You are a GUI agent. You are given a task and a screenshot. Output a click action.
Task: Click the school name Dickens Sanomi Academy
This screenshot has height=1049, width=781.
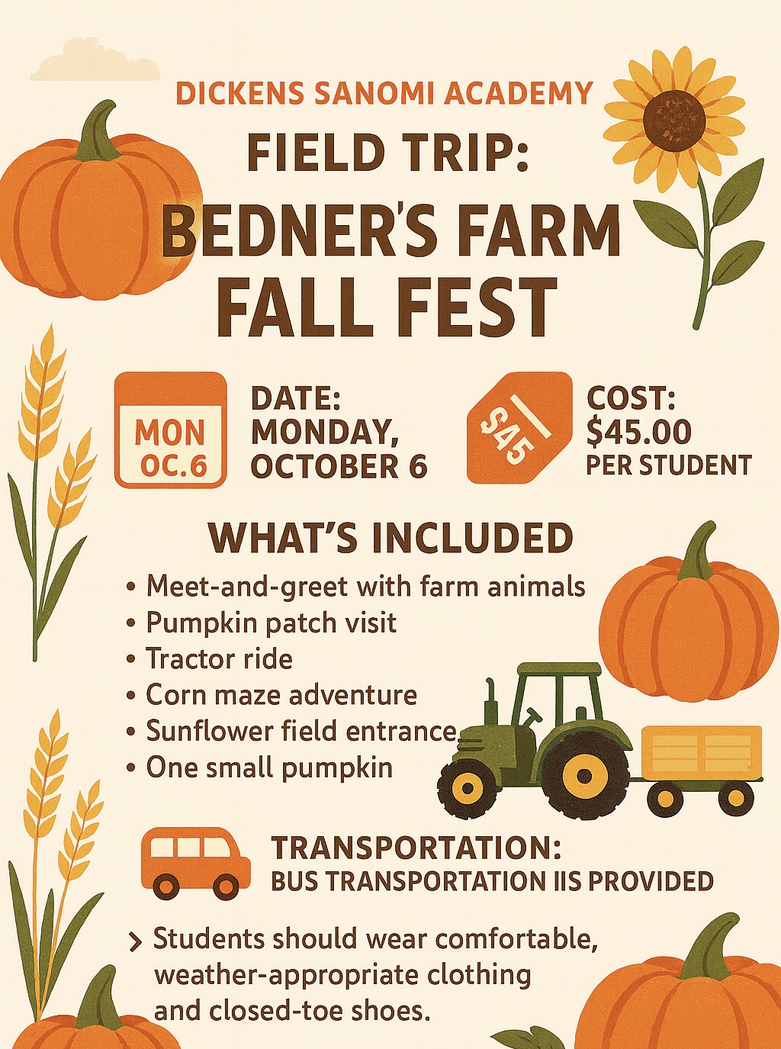click(x=384, y=93)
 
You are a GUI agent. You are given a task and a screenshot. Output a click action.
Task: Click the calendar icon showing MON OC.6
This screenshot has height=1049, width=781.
click(x=171, y=430)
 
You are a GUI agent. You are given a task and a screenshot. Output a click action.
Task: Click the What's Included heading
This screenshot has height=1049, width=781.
click(x=391, y=539)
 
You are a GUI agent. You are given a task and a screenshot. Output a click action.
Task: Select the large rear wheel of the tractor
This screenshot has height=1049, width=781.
click(x=584, y=776)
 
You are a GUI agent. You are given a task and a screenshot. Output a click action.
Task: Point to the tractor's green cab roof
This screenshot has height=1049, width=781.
click(x=559, y=670)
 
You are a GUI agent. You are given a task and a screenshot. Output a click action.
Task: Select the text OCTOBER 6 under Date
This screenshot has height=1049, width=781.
click(x=339, y=467)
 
